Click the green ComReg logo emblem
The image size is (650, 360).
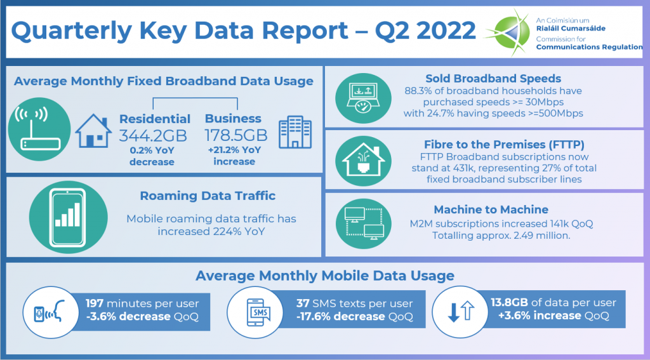pyautogui.click(x=508, y=32)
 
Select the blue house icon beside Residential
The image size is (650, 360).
pyautogui.click(x=93, y=131)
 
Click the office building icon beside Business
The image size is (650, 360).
pyautogui.click(x=295, y=132)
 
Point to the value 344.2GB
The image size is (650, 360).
pyautogui.click(x=153, y=136)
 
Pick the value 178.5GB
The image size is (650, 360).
pyautogui.click(x=236, y=135)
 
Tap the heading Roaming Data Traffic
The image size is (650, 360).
pyautogui.click(x=208, y=196)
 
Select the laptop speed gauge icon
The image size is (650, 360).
pyautogui.click(x=363, y=98)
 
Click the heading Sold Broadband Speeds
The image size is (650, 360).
pyautogui.click(x=493, y=78)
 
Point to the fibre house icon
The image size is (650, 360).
pyautogui.click(x=363, y=161)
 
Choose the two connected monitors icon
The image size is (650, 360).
pyautogui.click(x=364, y=223)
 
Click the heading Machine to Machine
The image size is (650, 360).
pyautogui.click(x=491, y=210)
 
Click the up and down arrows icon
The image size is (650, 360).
pyautogui.click(x=460, y=312)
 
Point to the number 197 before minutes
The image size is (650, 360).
pyautogui.click(x=95, y=303)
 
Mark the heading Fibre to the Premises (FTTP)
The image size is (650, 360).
pyautogui.click(x=504, y=144)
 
